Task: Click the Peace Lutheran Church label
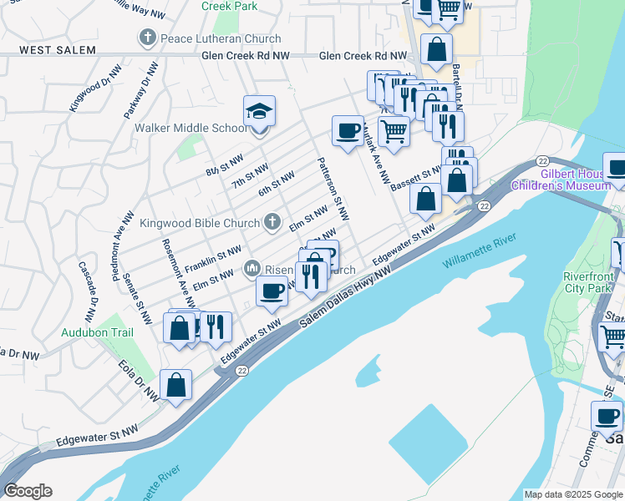tap(223, 38)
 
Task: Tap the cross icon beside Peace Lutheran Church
tap(148, 38)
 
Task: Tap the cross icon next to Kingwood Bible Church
tap(271, 222)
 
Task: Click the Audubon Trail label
tap(98, 331)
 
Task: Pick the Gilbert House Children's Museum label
tap(576, 180)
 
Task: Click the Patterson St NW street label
tap(329, 189)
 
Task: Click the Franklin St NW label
tap(213, 258)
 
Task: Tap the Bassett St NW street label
tap(415, 178)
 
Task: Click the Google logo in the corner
tap(28, 491)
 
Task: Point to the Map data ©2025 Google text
tap(573, 494)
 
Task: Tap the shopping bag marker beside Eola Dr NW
tap(175, 385)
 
